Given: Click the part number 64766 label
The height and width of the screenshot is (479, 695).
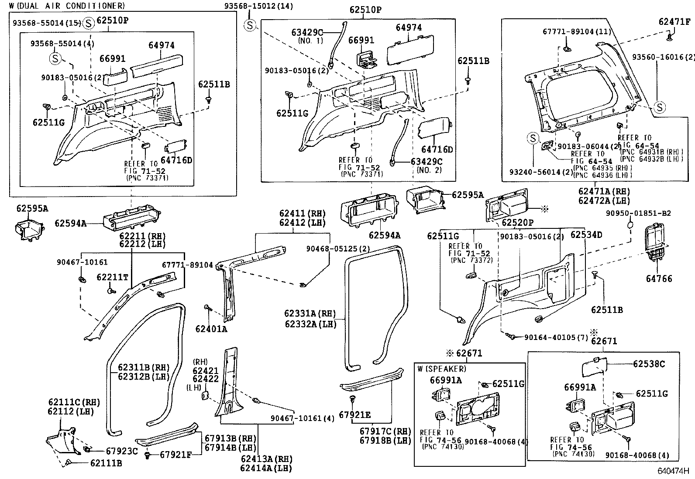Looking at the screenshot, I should click(x=659, y=279).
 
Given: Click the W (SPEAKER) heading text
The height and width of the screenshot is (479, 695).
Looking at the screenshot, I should click(x=441, y=369).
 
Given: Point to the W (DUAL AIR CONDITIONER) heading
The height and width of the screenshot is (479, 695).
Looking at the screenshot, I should click(x=67, y=6).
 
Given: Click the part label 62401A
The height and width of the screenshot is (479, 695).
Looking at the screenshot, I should click(x=211, y=329).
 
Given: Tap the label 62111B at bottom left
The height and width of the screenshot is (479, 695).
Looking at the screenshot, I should click(x=106, y=463).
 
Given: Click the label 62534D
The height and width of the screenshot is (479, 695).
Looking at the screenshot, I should click(x=586, y=235).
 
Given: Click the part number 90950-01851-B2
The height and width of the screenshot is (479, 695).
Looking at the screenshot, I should click(x=638, y=214).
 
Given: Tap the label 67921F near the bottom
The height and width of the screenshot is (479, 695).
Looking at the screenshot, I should click(x=175, y=455).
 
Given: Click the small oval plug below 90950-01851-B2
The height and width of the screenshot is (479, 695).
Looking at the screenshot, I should click(x=630, y=225).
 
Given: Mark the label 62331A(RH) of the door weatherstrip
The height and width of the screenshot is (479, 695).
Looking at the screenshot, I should click(x=310, y=314).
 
